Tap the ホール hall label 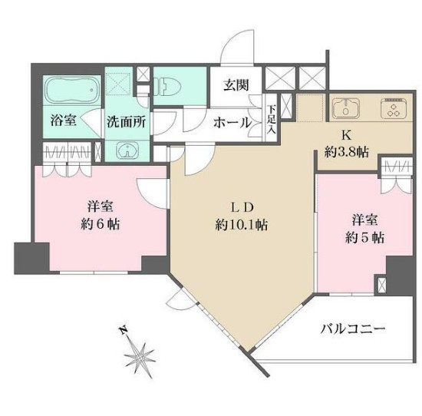[231, 122]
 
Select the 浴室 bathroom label [63, 121]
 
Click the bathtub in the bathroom [70, 91]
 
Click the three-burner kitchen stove [396, 109]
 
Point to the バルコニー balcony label [353, 330]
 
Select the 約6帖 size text [101, 225]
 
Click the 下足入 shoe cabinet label [271, 123]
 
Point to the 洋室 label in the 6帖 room [101, 206]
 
